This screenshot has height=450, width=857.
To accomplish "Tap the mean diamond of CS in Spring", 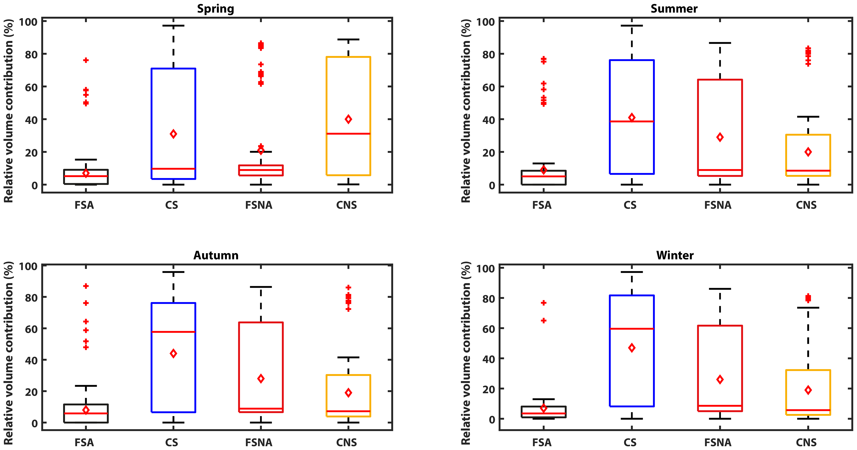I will (x=173, y=134).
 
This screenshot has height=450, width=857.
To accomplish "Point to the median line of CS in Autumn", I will (x=173, y=332).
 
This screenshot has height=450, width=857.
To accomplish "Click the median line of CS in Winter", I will (x=632, y=329).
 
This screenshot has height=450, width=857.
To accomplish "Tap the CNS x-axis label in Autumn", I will (x=346, y=442).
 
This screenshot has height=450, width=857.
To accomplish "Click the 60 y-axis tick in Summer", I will (x=489, y=87).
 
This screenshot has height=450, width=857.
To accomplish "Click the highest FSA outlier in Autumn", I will (x=86, y=286).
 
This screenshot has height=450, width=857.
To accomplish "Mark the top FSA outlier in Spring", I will (x=86, y=60).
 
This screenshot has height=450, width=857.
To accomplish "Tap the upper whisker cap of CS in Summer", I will (x=632, y=26).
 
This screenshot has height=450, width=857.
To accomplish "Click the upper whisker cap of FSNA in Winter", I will (x=720, y=289).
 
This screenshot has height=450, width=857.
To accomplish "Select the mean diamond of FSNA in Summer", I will (x=720, y=137).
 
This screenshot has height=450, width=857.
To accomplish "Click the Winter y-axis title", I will (x=466, y=353).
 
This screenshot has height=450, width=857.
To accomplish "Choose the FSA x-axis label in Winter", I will (x=542, y=442).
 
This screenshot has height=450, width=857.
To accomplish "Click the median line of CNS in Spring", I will (x=348, y=134).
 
